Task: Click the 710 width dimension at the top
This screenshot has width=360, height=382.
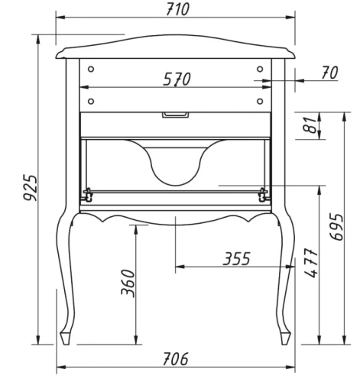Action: (177, 9)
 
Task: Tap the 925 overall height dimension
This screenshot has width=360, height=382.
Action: (31, 187)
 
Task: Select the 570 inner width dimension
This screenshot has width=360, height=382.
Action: (177, 79)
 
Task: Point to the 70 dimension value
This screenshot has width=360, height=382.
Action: (329, 73)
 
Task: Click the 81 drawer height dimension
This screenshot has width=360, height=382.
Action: (310, 125)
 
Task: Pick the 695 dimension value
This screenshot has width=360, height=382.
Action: (336, 228)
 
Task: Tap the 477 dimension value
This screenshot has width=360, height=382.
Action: (311, 263)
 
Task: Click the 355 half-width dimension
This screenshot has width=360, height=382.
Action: (237, 258)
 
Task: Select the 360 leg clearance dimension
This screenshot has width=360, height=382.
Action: (128, 283)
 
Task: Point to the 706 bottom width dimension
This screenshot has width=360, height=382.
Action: (176, 359)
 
